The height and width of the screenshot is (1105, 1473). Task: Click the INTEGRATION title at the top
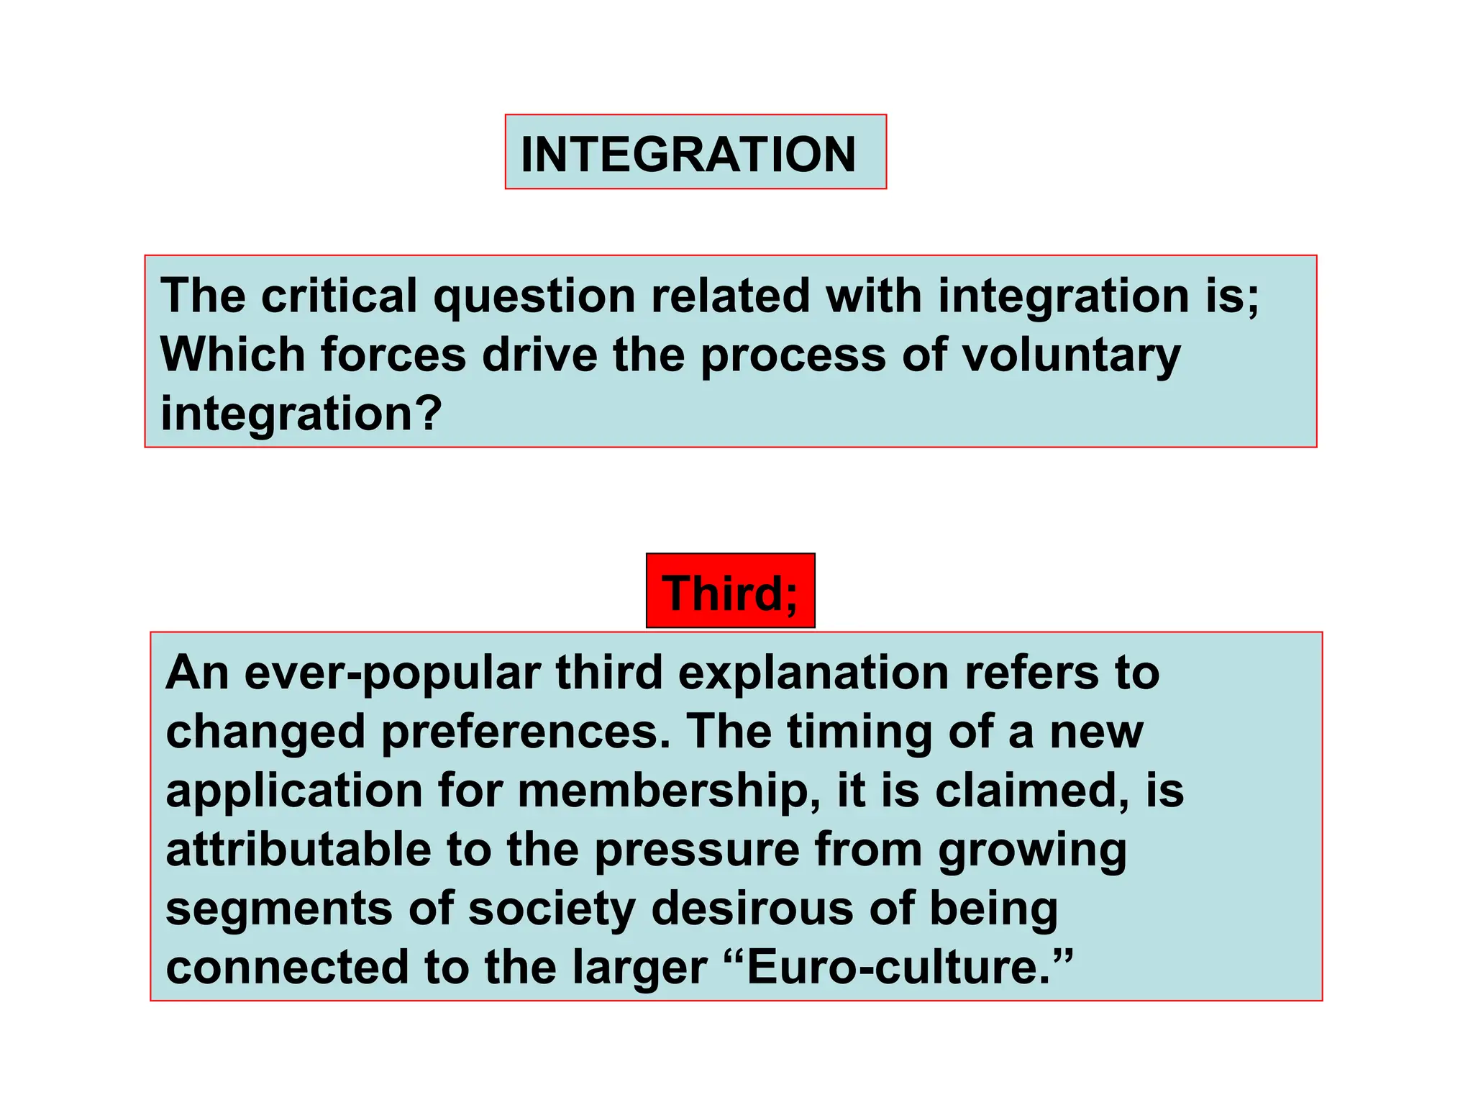pyautogui.click(x=688, y=154)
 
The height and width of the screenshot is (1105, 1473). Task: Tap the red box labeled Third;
pyautogui.click(x=730, y=592)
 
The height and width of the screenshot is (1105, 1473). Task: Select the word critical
pyautogui.click(x=339, y=296)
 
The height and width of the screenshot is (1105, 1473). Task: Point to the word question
pyautogui.click(x=534, y=297)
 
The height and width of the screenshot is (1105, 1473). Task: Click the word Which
pyautogui.click(x=232, y=355)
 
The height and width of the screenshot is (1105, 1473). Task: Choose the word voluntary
pyautogui.click(x=1071, y=356)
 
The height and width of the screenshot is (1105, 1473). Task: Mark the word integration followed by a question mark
pyautogui.click(x=301, y=414)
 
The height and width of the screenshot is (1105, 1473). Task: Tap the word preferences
pyautogui.click(x=526, y=733)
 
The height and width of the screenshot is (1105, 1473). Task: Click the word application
pyautogui.click(x=293, y=792)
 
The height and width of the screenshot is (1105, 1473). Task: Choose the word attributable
pyautogui.click(x=298, y=850)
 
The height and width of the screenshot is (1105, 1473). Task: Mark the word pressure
pyautogui.click(x=696, y=851)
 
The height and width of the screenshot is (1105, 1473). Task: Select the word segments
pyautogui.click(x=279, y=910)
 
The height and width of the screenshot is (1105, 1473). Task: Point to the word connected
pyautogui.click(x=286, y=968)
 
